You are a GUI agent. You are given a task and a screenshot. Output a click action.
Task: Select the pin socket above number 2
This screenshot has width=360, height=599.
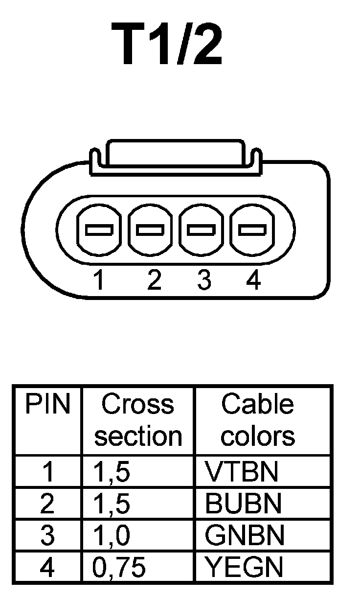(x=151, y=229)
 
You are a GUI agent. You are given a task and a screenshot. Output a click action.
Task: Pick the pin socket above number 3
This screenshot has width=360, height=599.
(x=202, y=229)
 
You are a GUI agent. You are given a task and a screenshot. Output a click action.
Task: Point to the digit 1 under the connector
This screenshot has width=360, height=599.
(x=99, y=280)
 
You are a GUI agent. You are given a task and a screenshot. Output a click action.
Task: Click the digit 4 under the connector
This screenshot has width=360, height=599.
(x=253, y=280)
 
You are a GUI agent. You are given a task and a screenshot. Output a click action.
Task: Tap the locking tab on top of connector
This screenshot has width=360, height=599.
(x=176, y=155)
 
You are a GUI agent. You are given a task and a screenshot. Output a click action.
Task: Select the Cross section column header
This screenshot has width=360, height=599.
(x=137, y=420)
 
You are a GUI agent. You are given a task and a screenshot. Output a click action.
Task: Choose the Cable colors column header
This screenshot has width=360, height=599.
(x=258, y=420)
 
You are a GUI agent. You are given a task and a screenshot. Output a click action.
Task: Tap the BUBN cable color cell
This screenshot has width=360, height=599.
(x=244, y=504)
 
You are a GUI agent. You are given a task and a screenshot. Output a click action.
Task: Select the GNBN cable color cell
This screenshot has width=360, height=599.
(x=244, y=535)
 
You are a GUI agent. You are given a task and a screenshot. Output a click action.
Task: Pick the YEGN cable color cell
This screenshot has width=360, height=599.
(x=244, y=567)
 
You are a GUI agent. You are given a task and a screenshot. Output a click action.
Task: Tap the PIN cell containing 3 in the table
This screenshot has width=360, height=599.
(x=47, y=535)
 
